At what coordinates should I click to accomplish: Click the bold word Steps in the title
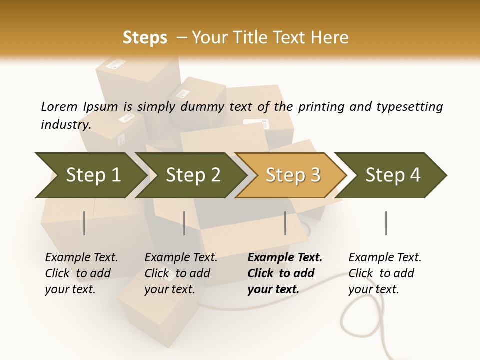pyautogui.click(x=145, y=38)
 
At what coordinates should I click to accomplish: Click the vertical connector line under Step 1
pyautogui.click(x=84, y=223)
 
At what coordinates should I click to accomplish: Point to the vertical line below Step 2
pyautogui.click(x=184, y=223)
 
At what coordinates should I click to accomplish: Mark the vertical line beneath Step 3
pyautogui.click(x=285, y=223)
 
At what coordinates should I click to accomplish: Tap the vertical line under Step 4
pyautogui.click(x=386, y=223)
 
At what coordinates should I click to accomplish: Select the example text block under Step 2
pyautogui.click(x=180, y=273)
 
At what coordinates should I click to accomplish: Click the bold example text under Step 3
pyautogui.click(x=284, y=273)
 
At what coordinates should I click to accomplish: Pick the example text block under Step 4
pyautogui.click(x=384, y=273)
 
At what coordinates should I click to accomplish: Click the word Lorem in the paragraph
pyautogui.click(x=59, y=106)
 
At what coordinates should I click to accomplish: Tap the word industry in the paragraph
pyautogui.click(x=65, y=124)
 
